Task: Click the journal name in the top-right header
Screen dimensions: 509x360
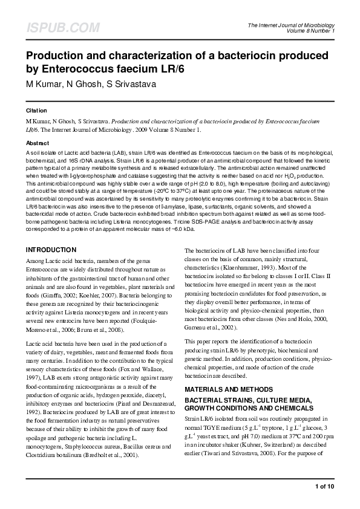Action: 291,25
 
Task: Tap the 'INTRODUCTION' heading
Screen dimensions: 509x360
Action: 51,250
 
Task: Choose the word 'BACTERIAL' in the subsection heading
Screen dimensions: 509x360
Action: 206,384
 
